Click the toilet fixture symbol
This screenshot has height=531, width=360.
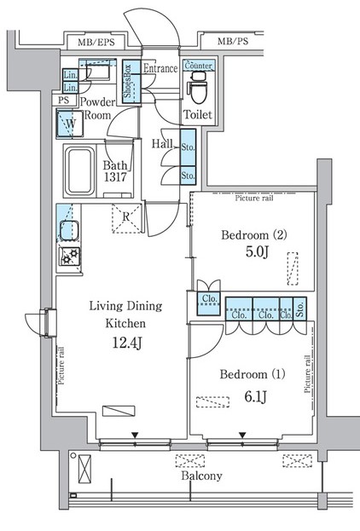(x=198, y=89)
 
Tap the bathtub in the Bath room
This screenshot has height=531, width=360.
(x=79, y=170)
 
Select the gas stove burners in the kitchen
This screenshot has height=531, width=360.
(x=69, y=257)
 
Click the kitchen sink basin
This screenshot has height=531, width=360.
(x=69, y=230)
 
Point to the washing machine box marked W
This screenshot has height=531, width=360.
(x=70, y=124)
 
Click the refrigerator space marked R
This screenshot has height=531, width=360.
(x=126, y=217)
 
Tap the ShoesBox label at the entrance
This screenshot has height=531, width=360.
(x=127, y=81)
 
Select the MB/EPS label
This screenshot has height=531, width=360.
(x=96, y=43)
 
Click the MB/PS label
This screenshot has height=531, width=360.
(x=233, y=41)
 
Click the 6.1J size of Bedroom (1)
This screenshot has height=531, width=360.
(x=256, y=396)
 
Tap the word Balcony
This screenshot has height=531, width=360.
(x=201, y=476)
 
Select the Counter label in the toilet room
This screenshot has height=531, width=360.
(x=198, y=66)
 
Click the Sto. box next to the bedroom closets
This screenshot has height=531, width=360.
(x=299, y=309)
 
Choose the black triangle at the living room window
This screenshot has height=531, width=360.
(x=136, y=435)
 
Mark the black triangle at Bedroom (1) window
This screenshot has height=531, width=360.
(x=242, y=435)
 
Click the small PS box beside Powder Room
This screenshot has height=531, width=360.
(x=64, y=100)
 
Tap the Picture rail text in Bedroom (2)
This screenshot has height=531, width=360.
(x=254, y=198)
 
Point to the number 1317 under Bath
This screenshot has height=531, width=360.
(x=115, y=176)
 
